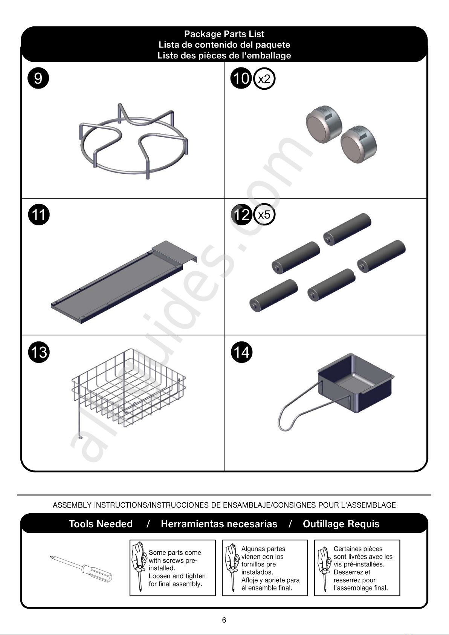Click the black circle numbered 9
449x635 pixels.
[x=38, y=78]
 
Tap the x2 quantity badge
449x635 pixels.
[x=264, y=78]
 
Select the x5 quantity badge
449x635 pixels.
[x=264, y=214]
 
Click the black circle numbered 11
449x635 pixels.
[x=39, y=214]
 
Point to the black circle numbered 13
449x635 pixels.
[x=39, y=352]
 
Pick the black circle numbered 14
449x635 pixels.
[x=241, y=352]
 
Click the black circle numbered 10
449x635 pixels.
[x=241, y=78]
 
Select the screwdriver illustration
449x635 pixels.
[x=81, y=568]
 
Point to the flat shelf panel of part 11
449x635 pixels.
[x=124, y=282]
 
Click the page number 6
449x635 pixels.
[x=224, y=620]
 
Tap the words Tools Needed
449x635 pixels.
[x=101, y=523]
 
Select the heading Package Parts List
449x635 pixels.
[x=224, y=34]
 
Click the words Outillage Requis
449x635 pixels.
[x=341, y=524]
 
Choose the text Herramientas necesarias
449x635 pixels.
[x=219, y=523]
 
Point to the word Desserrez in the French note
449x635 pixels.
[x=348, y=572]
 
